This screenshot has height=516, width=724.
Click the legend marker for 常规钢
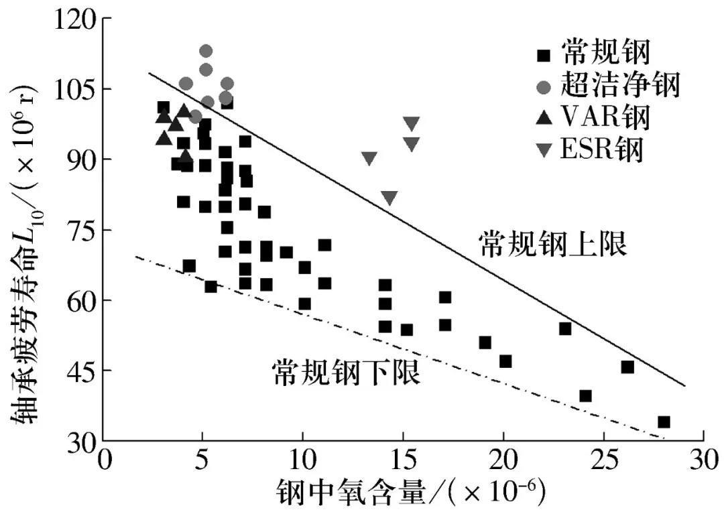coord(544,54)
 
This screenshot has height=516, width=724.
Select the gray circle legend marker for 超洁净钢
coord(544,87)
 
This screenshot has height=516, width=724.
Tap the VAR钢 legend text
coord(605,118)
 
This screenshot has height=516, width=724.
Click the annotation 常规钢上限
coord(553,245)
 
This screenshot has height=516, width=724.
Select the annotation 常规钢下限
coord(346,373)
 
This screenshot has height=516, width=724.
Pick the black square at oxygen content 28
coord(664,422)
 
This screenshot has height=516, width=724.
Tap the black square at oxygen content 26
coord(627,367)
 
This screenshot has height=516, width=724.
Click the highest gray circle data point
coord(206,51)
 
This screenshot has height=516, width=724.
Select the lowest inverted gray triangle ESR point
coord(389,198)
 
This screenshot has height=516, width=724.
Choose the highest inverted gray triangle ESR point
coord(411,123)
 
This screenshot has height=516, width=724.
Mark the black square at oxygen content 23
coord(565,328)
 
